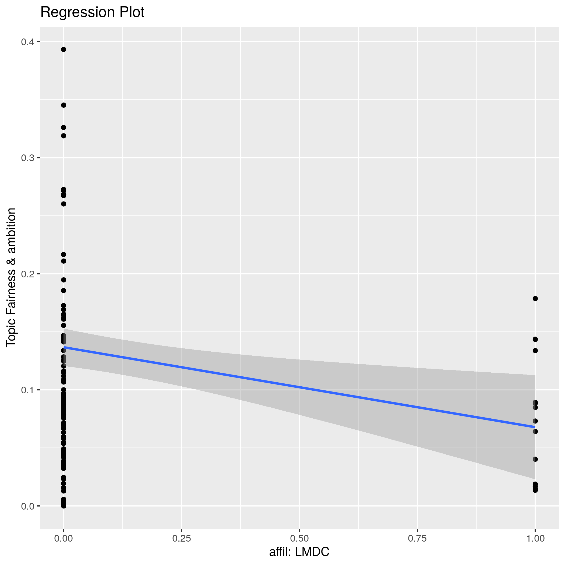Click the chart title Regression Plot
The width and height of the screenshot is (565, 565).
[92, 13]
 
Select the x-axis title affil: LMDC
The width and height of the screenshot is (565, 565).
[299, 552]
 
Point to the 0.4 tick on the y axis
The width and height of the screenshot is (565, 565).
[27, 42]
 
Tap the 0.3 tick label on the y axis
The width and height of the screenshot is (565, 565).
[27, 158]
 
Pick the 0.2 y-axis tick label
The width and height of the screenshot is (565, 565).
[27, 274]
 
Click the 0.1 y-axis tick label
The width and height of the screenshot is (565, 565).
[27, 390]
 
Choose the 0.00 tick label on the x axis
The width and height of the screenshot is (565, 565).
[63, 538]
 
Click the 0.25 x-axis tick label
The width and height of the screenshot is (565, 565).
[181, 538]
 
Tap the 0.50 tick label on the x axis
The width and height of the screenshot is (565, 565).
[299, 538]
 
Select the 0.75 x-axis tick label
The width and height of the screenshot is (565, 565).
[417, 538]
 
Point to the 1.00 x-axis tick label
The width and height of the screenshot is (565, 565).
[535, 538]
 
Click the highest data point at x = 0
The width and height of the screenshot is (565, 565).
[63, 50]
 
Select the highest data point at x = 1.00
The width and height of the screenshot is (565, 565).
[535, 299]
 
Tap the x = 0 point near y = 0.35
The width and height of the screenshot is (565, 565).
[63, 105]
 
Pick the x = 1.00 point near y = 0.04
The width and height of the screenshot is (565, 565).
[535, 459]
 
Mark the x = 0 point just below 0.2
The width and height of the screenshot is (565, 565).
[63, 280]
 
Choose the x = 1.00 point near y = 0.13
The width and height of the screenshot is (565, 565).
[535, 351]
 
